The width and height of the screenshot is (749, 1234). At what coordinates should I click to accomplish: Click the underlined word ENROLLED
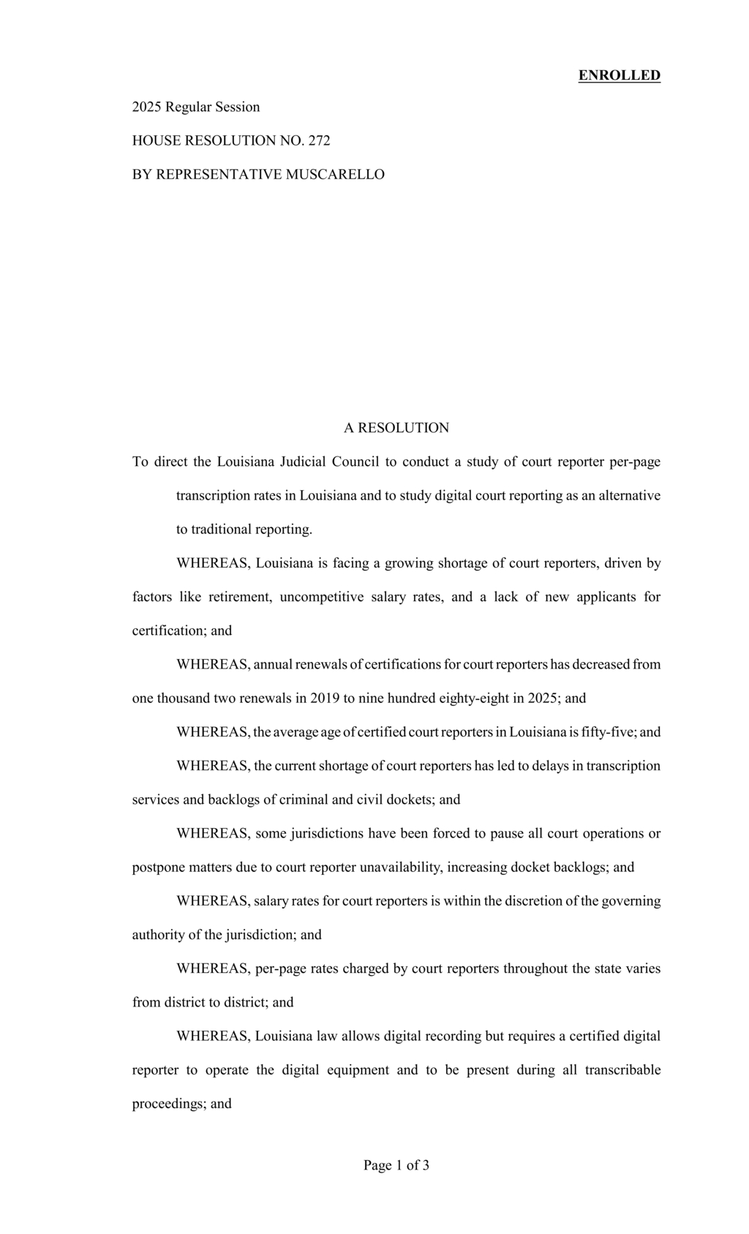pos(619,75)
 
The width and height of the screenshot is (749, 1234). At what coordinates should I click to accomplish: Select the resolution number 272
pos(319,140)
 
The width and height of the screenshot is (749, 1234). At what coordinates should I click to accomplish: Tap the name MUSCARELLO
pos(335,174)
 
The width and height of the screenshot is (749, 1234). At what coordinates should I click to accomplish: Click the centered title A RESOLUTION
pos(396,428)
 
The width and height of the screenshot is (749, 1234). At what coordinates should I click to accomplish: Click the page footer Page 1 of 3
pos(396,1165)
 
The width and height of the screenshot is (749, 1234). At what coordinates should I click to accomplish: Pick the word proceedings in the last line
pos(169,1103)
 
